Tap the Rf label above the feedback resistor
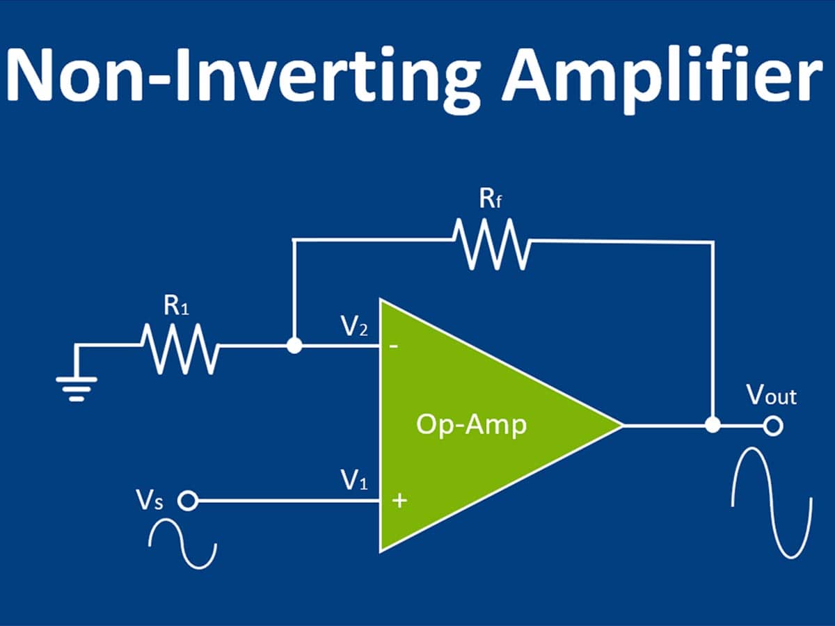pos(491,199)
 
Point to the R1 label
pos(176,305)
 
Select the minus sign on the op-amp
pos(394,346)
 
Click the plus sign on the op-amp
pos(399,501)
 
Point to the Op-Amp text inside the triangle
pos(472,425)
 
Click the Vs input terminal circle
pos(188,501)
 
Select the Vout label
pos(772,395)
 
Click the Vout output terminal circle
pos(773,426)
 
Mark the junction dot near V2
pos(294,346)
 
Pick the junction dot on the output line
pos(713,425)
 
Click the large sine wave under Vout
pos(772,502)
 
